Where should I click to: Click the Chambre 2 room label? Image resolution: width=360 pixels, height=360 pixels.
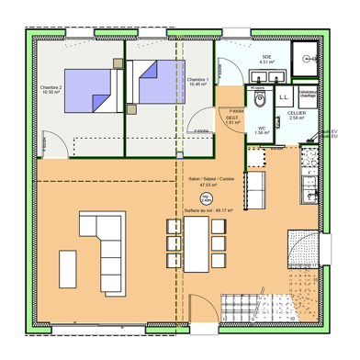(51, 90)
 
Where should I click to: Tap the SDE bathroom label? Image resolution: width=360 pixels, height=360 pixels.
(267, 60)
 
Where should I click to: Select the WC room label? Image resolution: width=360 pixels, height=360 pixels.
(262, 130)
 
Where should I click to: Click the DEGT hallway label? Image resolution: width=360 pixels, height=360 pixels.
(232, 118)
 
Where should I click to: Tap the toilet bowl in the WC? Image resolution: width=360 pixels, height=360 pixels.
(260, 98)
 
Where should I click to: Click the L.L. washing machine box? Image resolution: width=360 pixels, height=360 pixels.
(283, 96)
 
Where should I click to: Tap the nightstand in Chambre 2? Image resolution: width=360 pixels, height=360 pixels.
(117, 62)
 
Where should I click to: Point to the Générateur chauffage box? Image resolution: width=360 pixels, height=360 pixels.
(308, 94)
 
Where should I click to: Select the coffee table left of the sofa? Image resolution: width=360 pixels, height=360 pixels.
(68, 267)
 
